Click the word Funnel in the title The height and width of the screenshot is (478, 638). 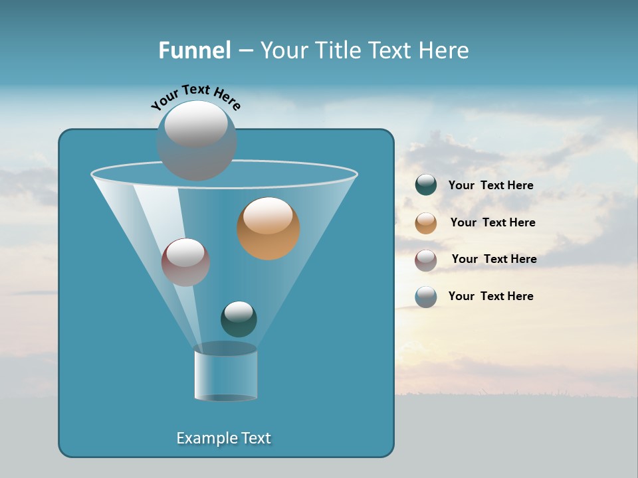pos(194,50)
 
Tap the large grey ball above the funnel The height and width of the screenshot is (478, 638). pos(196,141)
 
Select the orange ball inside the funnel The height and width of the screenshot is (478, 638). pos(268,229)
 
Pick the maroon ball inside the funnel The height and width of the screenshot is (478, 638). pos(185,263)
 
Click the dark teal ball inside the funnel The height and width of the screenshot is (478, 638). pos(239,319)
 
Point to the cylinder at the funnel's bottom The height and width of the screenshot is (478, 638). pos(225,374)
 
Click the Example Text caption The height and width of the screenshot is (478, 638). pos(223,438)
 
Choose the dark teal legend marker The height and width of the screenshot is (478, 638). pos(426,185)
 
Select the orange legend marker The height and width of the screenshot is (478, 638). pos(426,223)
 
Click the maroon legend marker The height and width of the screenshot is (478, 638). pos(426,260)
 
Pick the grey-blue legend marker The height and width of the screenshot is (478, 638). pos(426,297)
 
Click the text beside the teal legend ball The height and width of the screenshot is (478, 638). pos(490,186)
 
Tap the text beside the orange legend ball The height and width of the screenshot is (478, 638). pos(492,223)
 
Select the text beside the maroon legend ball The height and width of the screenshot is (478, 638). pos(494,260)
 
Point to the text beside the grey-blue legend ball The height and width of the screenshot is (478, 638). pos(490,297)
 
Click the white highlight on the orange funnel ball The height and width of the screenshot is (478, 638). pos(268,216)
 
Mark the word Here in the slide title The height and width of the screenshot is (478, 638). pos(445,50)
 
